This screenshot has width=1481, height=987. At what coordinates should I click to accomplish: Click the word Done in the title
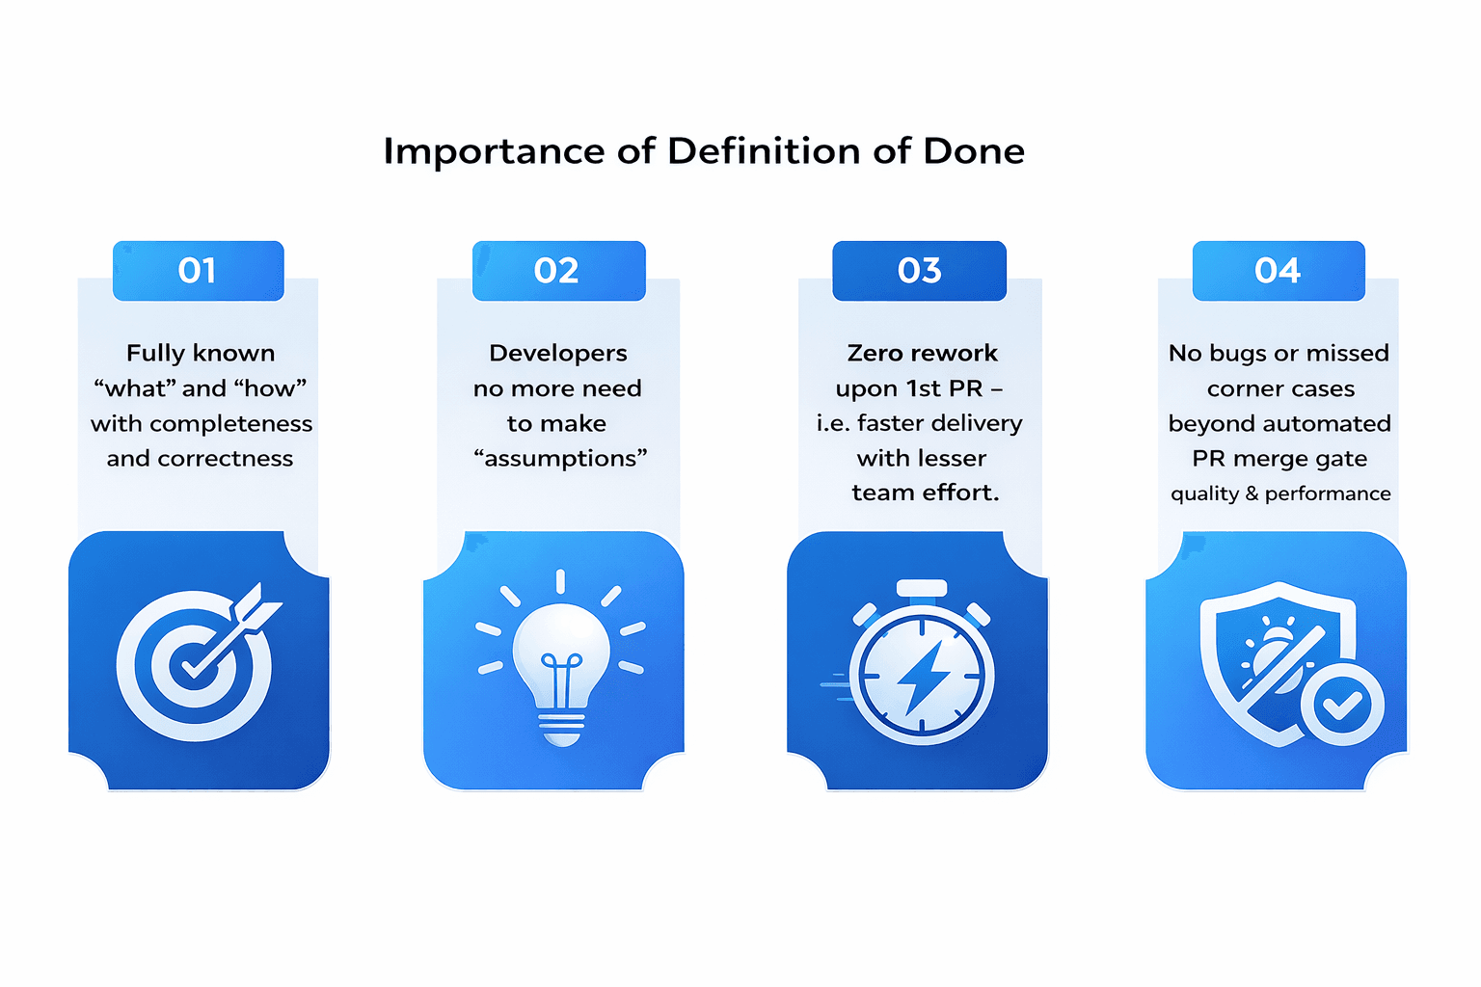973,150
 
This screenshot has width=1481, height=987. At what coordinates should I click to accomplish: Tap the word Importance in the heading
494,152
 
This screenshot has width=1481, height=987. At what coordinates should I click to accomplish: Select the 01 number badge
199,271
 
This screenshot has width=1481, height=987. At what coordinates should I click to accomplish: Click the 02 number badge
558,271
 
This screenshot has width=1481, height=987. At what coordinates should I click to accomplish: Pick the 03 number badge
919,271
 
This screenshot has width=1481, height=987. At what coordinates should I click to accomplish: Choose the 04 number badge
1279,271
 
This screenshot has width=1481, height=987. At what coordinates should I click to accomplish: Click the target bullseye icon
195,664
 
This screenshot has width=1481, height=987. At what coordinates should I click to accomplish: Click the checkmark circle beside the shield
1341,705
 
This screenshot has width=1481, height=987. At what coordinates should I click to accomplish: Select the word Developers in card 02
558,354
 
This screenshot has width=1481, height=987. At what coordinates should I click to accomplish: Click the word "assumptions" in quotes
560,458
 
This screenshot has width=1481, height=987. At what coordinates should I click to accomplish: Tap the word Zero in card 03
875,353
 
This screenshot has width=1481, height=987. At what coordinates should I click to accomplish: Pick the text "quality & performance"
1280,493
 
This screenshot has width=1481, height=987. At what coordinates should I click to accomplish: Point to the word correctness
226,459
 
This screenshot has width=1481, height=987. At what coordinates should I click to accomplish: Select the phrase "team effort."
925,493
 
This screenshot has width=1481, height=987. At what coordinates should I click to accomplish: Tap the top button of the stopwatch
922,588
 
